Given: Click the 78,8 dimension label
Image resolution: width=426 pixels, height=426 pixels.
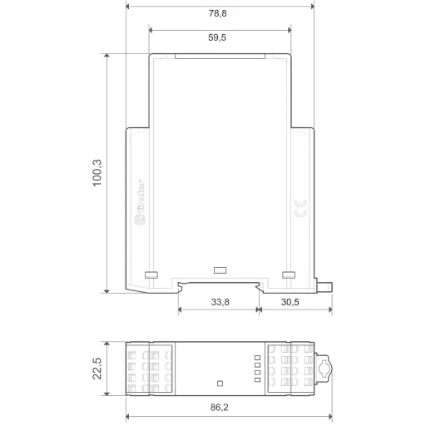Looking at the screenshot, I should (x=220, y=14).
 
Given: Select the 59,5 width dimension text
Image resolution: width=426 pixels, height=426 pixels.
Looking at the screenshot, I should (x=220, y=37).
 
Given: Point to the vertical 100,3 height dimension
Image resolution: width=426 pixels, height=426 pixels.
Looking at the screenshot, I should (x=97, y=172).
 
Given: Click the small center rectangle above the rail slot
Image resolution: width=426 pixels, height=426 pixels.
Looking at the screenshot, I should (x=220, y=270).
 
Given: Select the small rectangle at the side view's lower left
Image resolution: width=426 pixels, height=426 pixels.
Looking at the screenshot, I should (x=151, y=274).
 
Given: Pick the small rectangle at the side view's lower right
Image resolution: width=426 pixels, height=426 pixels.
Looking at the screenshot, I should (x=289, y=274).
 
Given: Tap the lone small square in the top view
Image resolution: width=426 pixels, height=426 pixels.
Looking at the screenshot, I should (x=220, y=384).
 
